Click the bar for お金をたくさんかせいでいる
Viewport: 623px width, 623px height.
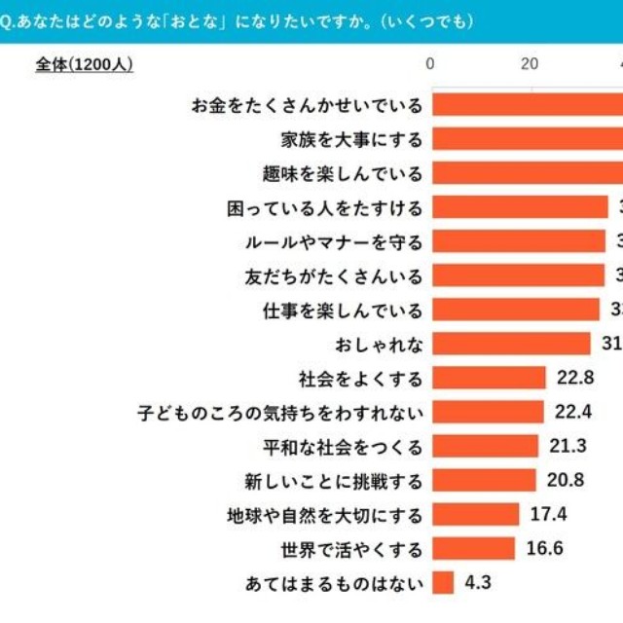(x=527, y=104)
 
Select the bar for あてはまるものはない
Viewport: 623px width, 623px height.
(x=443, y=583)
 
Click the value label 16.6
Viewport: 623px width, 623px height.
(x=544, y=549)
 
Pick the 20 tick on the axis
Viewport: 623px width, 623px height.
(x=530, y=64)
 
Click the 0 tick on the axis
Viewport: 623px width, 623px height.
(x=432, y=64)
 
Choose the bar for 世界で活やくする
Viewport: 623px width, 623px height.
(x=473, y=549)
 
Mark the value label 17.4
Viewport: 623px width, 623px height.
(x=548, y=515)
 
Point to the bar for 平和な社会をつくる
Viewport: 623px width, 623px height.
(x=485, y=447)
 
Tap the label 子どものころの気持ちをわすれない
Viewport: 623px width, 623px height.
(x=280, y=413)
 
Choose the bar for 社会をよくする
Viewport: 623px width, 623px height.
(x=489, y=378)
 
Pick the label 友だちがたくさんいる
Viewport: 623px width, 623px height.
(x=334, y=275)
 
